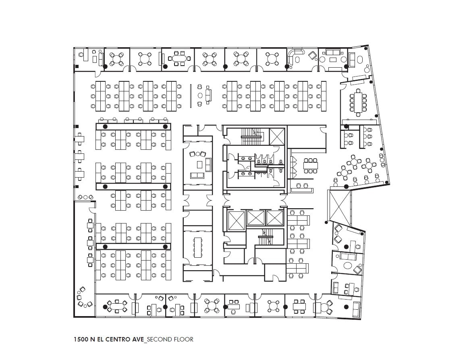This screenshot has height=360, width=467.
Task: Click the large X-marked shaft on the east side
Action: (x=340, y=205)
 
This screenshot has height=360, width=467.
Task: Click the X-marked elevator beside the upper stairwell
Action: (x=277, y=136)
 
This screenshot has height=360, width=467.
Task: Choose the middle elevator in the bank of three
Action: (x=255, y=218)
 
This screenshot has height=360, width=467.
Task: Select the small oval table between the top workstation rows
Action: (x=200, y=95)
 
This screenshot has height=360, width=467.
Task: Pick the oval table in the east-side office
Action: (x=347, y=266)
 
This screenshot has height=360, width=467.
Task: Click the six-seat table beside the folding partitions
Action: (x=311, y=164)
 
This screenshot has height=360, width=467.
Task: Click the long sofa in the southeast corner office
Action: (x=356, y=309)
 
